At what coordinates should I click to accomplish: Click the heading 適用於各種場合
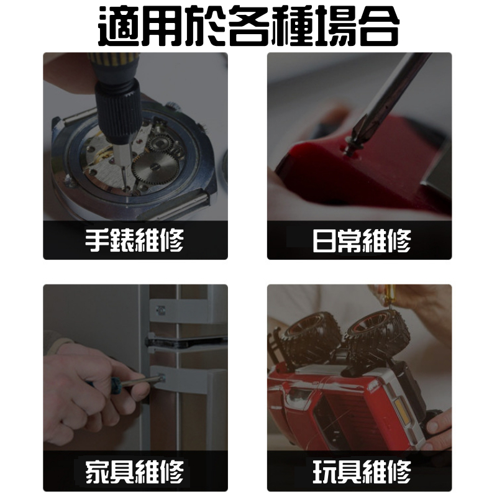(248, 26)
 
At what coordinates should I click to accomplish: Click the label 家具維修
(135, 473)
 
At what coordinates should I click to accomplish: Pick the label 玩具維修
(361, 473)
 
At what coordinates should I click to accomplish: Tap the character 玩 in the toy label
(325, 473)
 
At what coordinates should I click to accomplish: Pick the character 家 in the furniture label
(98, 473)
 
